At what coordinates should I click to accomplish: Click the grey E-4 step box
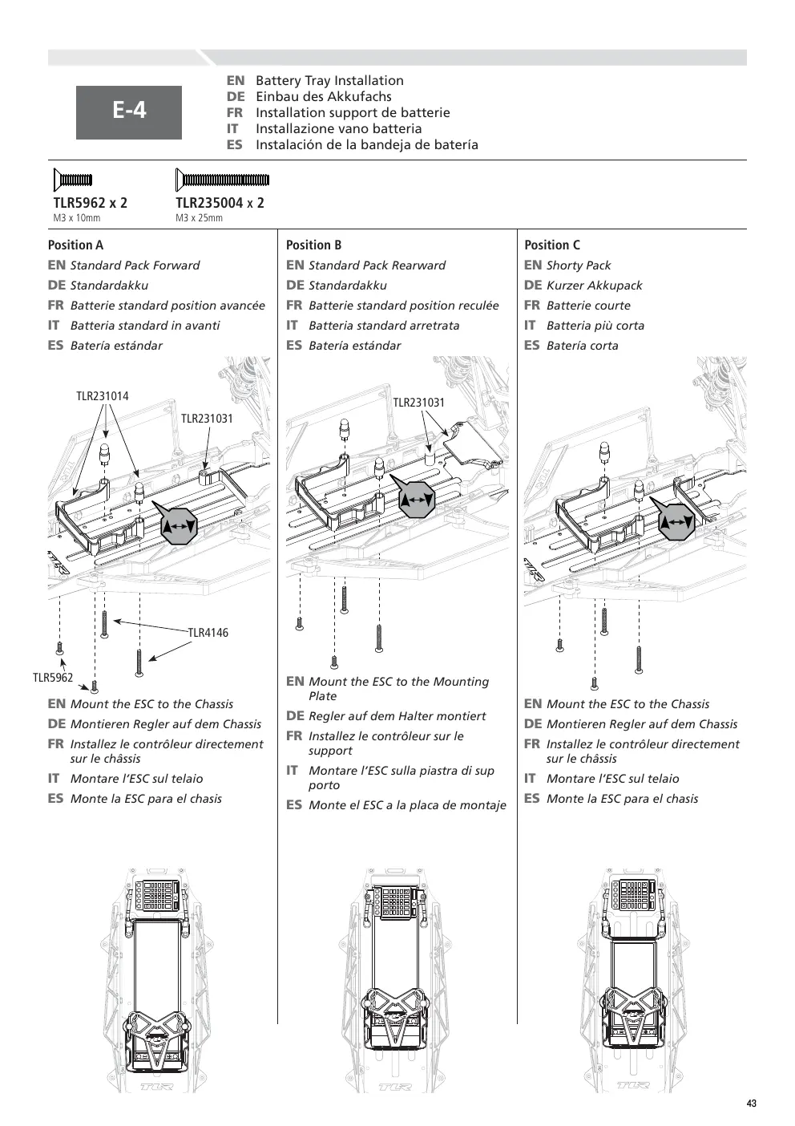pyautogui.click(x=128, y=112)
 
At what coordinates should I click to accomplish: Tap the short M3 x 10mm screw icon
pyautogui.click(x=73, y=180)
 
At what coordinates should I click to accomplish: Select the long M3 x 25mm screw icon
pyautogui.click(x=222, y=180)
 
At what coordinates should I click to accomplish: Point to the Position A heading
pyautogui.click(x=75, y=245)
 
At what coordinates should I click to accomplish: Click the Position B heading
pyautogui.click(x=313, y=245)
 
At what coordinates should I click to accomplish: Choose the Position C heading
pyautogui.click(x=552, y=245)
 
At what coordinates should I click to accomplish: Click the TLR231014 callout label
pyautogui.click(x=102, y=396)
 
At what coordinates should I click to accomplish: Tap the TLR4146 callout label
pyautogui.click(x=208, y=632)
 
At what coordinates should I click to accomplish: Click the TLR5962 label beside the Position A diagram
pyautogui.click(x=53, y=677)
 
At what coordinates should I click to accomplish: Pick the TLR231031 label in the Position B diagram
pyautogui.click(x=418, y=402)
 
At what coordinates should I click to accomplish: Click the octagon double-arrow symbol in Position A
pyautogui.click(x=178, y=526)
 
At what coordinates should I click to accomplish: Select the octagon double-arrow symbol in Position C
pyautogui.click(x=676, y=522)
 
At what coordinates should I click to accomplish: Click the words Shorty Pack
pyautogui.click(x=579, y=265)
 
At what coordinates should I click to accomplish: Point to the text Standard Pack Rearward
pyautogui.click(x=377, y=265)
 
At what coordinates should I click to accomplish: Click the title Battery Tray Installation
pyautogui.click(x=329, y=80)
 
